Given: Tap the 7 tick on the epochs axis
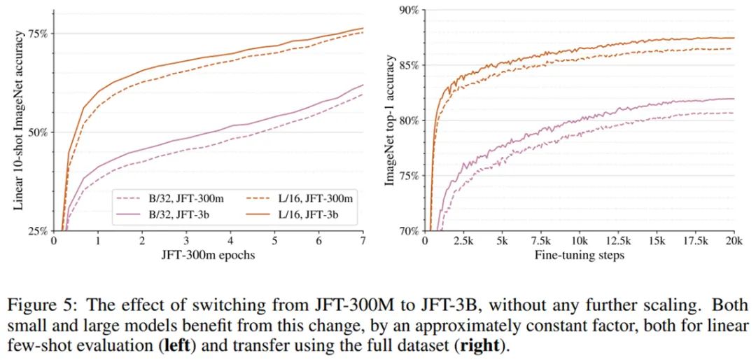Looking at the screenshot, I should point(363,242).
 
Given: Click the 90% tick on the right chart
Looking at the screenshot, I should point(407,11).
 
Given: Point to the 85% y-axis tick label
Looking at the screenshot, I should point(407,65).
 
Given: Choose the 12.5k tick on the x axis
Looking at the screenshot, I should point(616,242).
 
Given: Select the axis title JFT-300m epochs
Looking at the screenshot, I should point(208,256).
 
